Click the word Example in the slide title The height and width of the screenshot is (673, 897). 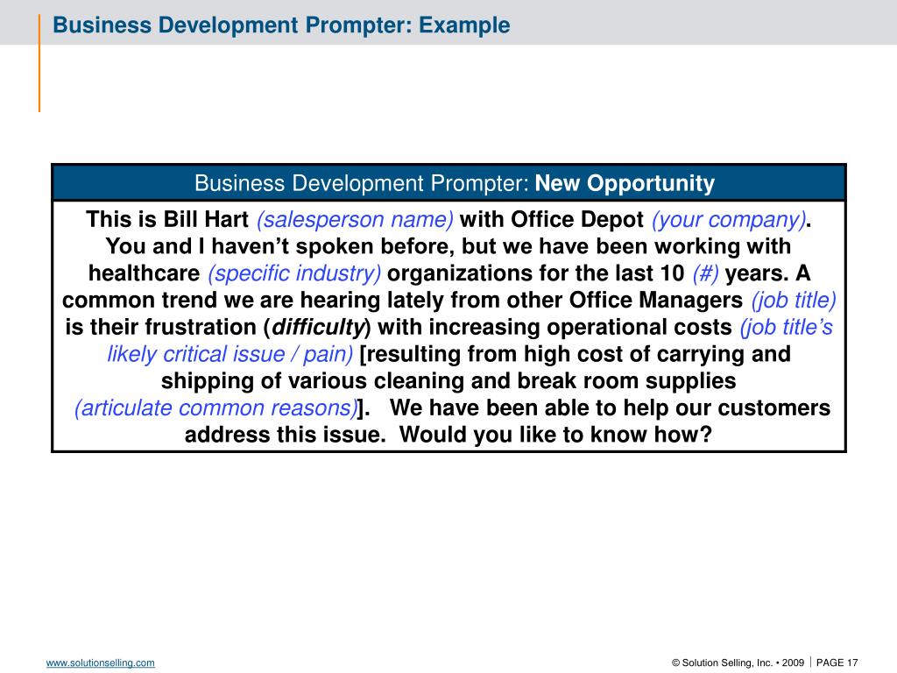pos(463,26)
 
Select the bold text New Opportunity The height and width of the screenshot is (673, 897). pos(625,184)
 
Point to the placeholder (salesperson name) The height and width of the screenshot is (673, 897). pos(355,219)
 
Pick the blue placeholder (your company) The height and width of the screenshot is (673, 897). pos(728,219)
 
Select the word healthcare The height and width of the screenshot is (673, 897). pos(145,273)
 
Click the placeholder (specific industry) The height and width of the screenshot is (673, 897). pos(294,273)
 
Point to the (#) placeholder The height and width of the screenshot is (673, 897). pos(705,273)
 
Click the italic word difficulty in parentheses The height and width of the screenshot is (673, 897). pos(317,327)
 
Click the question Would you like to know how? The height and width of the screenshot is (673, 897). pos(554,436)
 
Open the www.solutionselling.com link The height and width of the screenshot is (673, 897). pos(100,663)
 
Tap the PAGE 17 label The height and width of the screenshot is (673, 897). pos(837,663)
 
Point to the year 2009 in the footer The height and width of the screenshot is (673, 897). pos(793,663)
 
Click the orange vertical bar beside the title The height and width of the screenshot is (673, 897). pos(39,63)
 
